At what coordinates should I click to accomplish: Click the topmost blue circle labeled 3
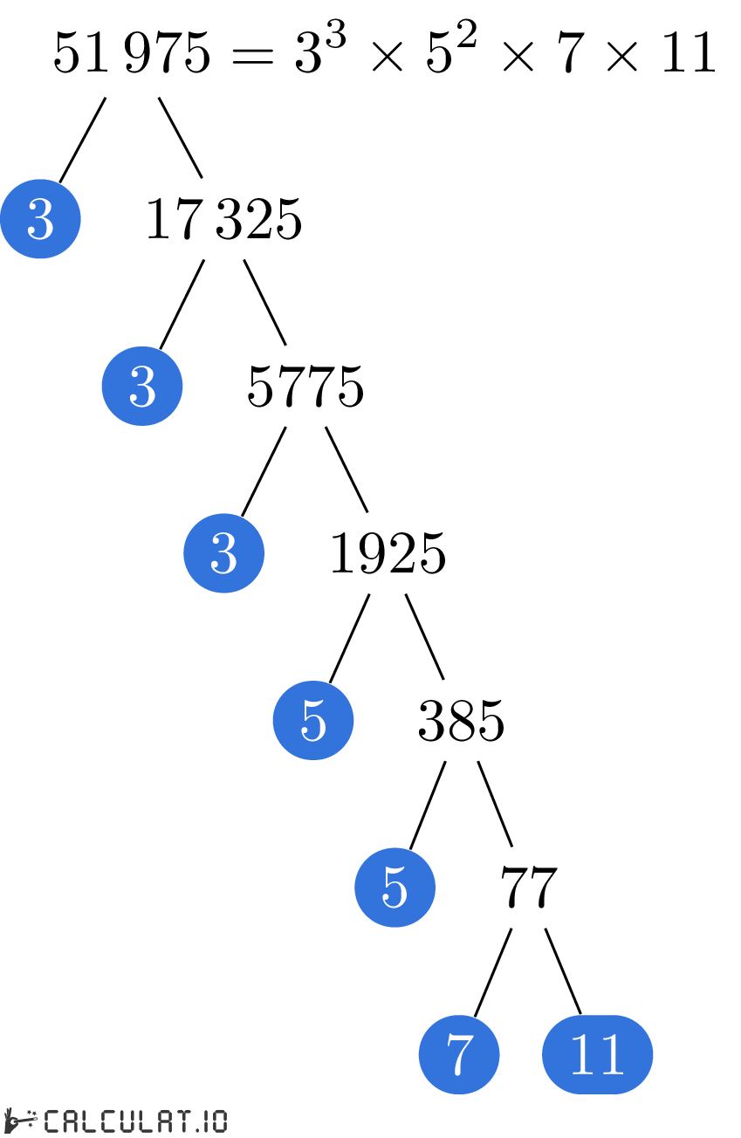coord(40,218)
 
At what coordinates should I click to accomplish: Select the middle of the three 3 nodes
coord(142,386)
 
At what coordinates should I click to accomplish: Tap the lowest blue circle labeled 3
coord(223,552)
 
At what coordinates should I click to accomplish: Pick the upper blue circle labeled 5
coord(313,720)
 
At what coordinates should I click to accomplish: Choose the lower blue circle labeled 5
coord(395,887)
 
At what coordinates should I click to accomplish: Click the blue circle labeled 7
coord(459,1054)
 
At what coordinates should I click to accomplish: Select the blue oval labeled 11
coord(597,1054)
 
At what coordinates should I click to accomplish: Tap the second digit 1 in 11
coord(612,1054)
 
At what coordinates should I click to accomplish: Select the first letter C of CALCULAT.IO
coord(51,1121)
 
